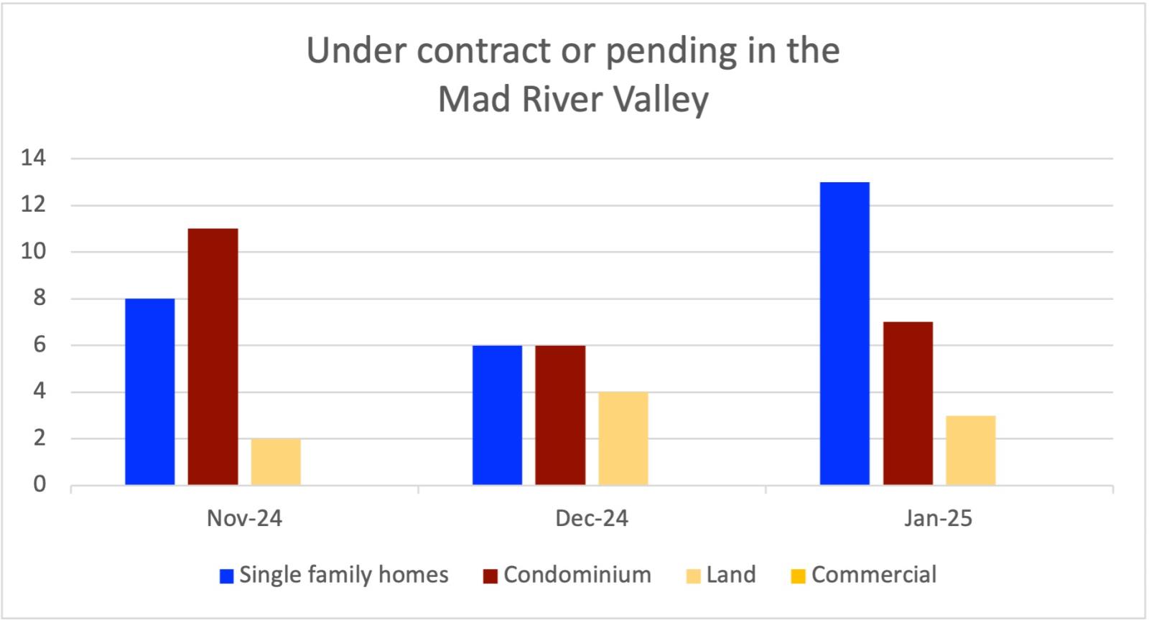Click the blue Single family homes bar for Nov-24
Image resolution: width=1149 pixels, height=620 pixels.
tap(149, 391)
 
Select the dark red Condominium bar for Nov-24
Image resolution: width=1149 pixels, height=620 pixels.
tap(213, 357)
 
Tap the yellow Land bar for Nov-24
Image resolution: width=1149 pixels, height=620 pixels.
tap(276, 461)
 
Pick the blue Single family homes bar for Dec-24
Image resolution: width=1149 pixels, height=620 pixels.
tap(497, 415)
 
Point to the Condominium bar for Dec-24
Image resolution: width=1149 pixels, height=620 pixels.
tap(560, 415)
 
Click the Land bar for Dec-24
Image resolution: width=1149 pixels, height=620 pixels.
tap(623, 438)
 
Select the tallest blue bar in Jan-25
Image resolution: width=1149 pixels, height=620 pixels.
tap(845, 334)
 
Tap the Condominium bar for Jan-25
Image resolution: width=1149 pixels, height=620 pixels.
tap(908, 403)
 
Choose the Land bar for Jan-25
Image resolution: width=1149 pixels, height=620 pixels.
tap(971, 450)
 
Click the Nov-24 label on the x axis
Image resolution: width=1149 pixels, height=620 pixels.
tap(244, 519)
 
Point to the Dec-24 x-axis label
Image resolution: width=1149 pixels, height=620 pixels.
tap(592, 519)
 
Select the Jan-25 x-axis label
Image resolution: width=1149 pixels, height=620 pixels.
tap(939, 519)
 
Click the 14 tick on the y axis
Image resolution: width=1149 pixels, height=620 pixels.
tap(34, 159)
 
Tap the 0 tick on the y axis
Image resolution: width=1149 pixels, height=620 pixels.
tap(39, 485)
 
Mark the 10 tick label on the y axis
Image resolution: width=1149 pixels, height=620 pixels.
tap(34, 252)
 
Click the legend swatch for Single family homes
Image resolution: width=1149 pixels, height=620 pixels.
tap(227, 576)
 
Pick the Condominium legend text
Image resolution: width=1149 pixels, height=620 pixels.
tap(577, 575)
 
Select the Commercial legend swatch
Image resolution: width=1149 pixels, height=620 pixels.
tap(798, 576)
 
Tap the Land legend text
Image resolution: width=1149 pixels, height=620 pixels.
tap(731, 575)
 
